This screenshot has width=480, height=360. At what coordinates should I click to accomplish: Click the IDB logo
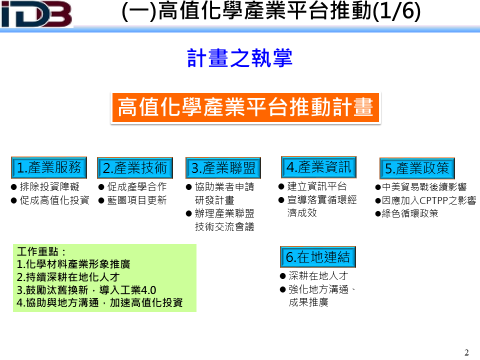tap(36, 14)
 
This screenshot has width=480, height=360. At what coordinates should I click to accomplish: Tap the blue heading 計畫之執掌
tap(240, 58)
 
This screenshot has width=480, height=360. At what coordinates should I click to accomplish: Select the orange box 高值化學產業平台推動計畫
tap(245, 108)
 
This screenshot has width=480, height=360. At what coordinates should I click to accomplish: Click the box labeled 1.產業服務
tap(49, 167)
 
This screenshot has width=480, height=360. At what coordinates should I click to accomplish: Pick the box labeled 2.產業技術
tap(135, 168)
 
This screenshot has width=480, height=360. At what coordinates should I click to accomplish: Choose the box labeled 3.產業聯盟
tap(223, 168)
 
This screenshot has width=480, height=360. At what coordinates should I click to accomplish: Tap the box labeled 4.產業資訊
tap(318, 167)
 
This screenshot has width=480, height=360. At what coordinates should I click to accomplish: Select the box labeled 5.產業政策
tap(417, 168)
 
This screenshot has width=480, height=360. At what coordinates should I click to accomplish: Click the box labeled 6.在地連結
tap(318, 257)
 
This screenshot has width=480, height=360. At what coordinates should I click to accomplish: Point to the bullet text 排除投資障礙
tap(49, 186)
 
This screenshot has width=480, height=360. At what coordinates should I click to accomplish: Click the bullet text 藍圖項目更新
tap(137, 200)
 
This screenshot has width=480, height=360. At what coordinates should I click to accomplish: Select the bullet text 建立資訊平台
tap(317, 186)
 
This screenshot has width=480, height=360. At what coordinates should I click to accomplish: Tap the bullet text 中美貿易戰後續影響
tap(424, 186)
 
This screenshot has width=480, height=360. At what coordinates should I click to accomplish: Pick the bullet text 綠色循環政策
tap(410, 213)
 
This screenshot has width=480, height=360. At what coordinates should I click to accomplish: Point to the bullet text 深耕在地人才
tap(318, 276)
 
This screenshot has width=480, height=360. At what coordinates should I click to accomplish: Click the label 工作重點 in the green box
tap(37, 251)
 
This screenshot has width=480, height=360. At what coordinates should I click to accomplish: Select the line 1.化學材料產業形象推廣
tap(73, 264)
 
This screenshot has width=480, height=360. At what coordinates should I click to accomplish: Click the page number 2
tap(466, 352)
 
